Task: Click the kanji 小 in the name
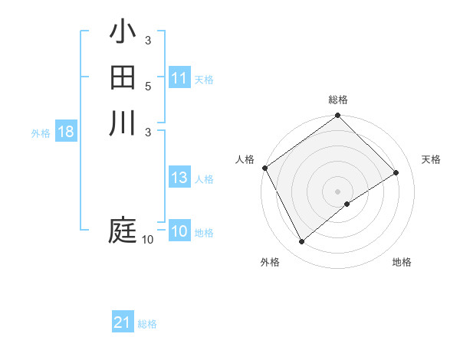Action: tap(123, 33)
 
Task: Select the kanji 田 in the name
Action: tap(123, 77)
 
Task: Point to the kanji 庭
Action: tap(123, 231)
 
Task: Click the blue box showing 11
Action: tap(179, 78)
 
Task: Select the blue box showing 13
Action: tap(179, 178)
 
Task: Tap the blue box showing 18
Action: tap(66, 132)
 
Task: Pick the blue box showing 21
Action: tap(123, 322)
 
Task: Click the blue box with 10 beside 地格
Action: tap(179, 231)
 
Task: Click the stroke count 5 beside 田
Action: tap(147, 86)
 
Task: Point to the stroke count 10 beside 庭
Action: tap(147, 240)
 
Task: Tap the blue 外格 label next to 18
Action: tap(41, 133)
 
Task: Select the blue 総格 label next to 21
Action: tap(147, 324)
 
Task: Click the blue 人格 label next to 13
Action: tap(204, 179)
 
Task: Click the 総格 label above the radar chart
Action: tap(338, 100)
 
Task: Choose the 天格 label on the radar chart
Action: tap(431, 159)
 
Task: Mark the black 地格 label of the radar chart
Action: tap(402, 262)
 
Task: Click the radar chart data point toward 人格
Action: tap(264, 168)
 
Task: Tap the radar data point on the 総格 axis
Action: tap(338, 116)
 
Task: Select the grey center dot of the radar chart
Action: tap(338, 191)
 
